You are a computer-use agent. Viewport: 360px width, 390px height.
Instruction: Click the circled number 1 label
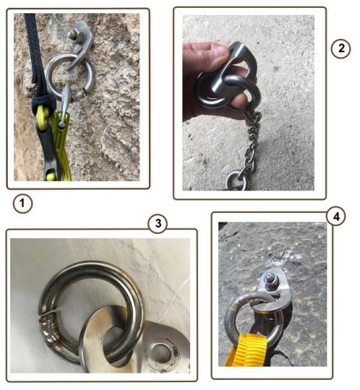point(23,204)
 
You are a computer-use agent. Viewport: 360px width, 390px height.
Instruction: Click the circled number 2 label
point(341,48)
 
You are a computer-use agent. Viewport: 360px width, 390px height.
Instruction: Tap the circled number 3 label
point(157,223)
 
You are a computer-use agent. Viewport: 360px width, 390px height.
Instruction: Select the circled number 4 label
point(336,216)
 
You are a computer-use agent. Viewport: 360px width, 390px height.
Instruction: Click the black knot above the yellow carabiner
point(44,104)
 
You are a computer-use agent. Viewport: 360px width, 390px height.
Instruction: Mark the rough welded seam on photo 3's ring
point(48,326)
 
